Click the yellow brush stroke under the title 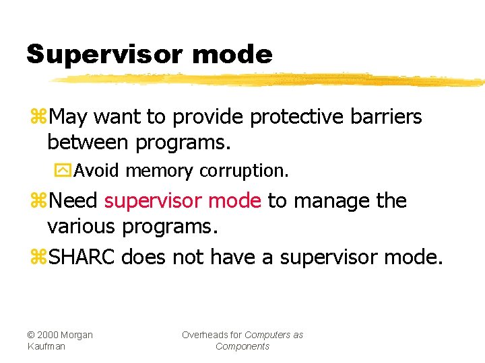[269, 80]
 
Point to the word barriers [386, 117]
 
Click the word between [88, 142]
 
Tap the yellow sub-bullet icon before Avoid [63, 171]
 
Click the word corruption [244, 171]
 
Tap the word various [82, 227]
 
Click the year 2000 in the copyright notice [48, 335]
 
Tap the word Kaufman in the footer [45, 346]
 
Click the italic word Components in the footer [242, 346]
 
